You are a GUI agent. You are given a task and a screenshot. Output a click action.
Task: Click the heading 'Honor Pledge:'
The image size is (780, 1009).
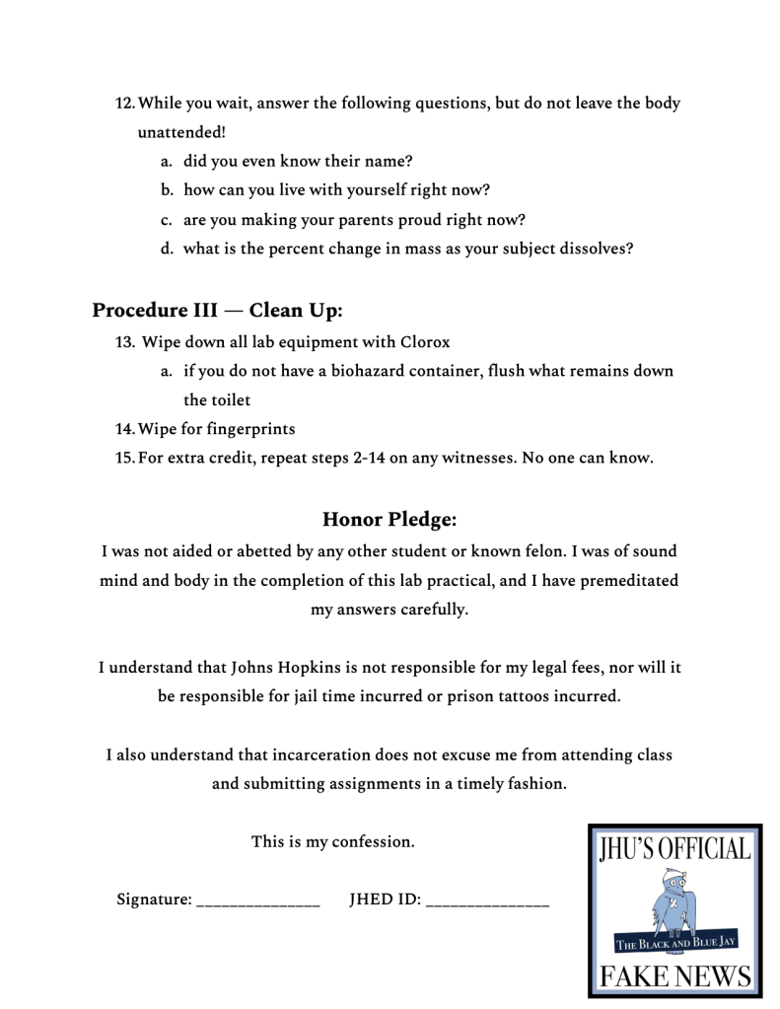(x=390, y=519)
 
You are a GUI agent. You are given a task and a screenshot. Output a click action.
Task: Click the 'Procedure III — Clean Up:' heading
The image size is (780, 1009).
(x=217, y=311)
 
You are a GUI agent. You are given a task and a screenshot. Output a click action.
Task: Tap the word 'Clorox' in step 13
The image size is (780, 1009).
(x=425, y=342)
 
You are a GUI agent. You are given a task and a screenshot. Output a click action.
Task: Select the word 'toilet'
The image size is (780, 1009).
(x=230, y=399)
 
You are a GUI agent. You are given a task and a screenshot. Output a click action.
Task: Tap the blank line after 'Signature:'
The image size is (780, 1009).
(x=258, y=901)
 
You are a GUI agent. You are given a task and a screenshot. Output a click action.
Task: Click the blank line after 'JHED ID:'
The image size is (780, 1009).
(x=487, y=901)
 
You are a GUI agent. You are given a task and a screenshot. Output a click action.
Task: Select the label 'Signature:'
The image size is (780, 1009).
(x=154, y=900)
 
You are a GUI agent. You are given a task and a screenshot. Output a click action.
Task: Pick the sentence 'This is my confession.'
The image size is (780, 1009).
(x=333, y=841)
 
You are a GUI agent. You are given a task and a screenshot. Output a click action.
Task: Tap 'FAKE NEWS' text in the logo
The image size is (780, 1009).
(x=675, y=976)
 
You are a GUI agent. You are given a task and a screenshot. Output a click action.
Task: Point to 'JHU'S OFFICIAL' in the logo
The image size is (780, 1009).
(x=675, y=848)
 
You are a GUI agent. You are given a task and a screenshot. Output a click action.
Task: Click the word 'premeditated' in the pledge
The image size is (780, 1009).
(x=629, y=581)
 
